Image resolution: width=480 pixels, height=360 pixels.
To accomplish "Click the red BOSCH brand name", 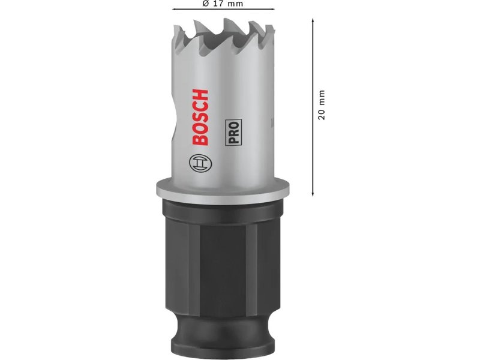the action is click(201, 117).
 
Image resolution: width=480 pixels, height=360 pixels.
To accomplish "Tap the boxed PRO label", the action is click(233, 132).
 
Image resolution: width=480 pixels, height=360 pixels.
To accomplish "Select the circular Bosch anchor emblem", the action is click(201, 163).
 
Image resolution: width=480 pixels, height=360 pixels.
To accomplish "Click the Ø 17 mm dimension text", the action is click(223, 4).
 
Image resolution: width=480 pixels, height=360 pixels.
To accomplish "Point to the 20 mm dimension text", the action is click(321, 104).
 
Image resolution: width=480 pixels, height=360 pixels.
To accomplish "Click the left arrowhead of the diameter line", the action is click(175, 10).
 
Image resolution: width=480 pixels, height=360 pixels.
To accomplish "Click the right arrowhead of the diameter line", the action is click(272, 10).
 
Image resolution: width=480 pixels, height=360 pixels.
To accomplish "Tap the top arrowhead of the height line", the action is click(313, 20).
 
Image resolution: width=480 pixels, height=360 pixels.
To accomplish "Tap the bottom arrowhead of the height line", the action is click(313, 193).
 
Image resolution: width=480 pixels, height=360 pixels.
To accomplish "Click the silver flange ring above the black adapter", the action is click(223, 189).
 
